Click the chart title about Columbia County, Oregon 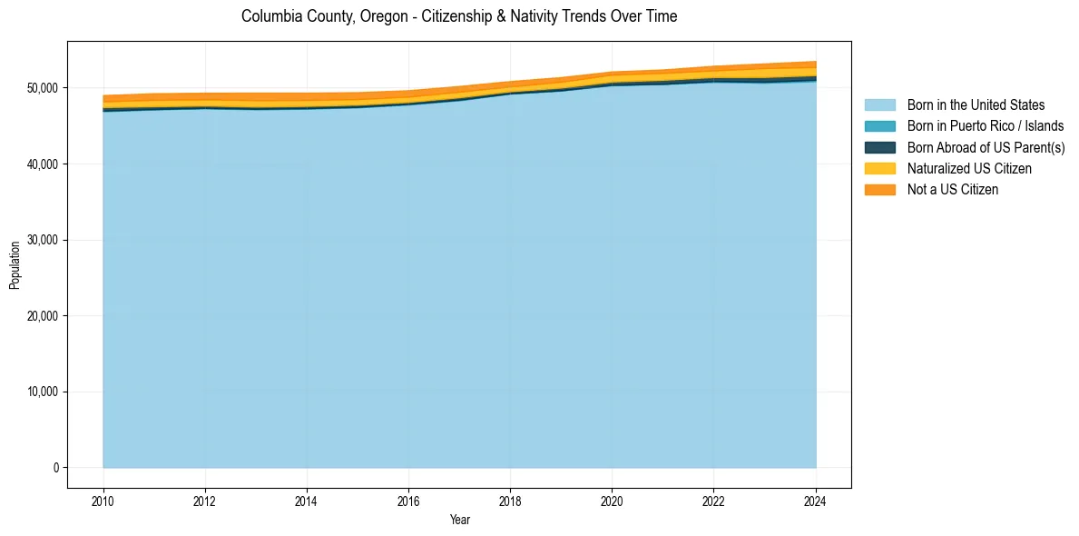[x=459, y=16]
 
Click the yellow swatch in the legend [x=879, y=169]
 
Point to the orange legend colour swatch [x=879, y=190]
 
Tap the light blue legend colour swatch [x=879, y=105]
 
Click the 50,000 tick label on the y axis [x=42, y=88]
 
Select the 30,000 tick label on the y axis [x=42, y=240]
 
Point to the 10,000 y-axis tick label [x=42, y=392]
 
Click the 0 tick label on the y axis [x=55, y=468]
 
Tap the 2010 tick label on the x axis [x=103, y=501]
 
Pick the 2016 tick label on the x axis [x=409, y=501]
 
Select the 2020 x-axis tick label [x=613, y=501]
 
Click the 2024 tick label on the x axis [x=816, y=501]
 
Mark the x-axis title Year [x=459, y=520]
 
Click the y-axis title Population [x=15, y=265]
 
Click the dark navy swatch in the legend [x=879, y=147]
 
